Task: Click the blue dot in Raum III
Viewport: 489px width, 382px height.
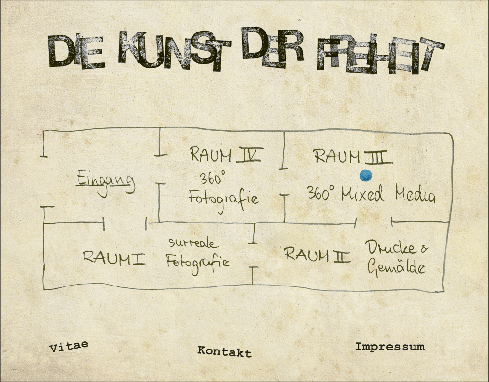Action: tap(365, 176)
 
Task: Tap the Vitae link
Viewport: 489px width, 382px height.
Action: tap(69, 347)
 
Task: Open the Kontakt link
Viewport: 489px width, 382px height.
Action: tap(224, 351)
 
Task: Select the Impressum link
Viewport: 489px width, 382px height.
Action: tap(390, 347)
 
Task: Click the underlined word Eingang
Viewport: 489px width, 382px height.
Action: tap(106, 183)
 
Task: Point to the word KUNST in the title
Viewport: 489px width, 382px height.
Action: tap(175, 50)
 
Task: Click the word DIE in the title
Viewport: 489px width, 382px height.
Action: tap(76, 52)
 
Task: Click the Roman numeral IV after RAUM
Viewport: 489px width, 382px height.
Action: tap(249, 155)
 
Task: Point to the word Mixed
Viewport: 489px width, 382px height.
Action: tap(362, 194)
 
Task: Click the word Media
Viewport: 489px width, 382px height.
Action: tap(415, 194)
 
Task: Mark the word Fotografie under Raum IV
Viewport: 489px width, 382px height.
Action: tap(224, 200)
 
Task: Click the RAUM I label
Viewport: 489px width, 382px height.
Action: tap(114, 258)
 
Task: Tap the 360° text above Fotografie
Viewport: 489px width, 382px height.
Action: tap(212, 178)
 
